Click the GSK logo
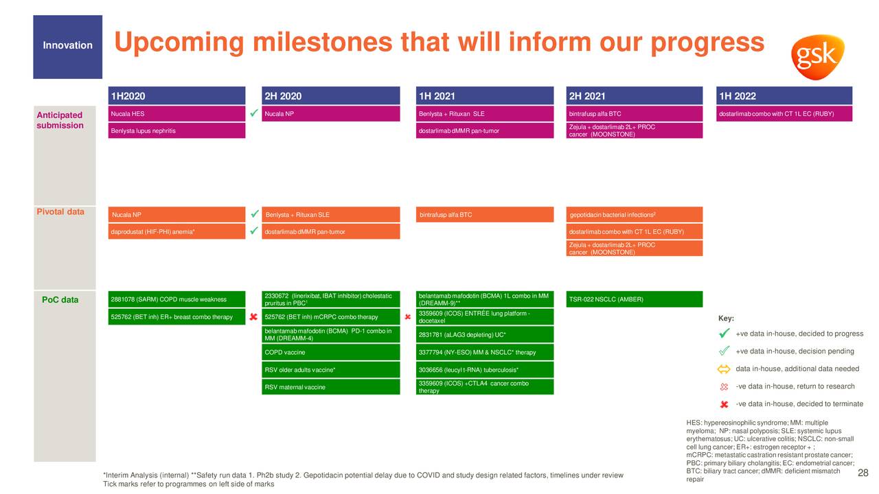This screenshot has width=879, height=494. coord(817,57)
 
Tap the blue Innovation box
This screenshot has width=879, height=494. coord(67,47)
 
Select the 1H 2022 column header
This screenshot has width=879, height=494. coord(784,95)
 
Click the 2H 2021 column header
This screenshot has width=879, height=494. coord(634,95)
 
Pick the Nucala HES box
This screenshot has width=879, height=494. coord(176,114)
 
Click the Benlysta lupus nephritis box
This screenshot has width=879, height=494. coord(176,130)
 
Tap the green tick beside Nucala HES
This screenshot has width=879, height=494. coord(254,113)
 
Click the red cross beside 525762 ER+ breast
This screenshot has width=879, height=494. coord(253,316)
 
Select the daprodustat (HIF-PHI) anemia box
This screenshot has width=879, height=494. coord(176,231)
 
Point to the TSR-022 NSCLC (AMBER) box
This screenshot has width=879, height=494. coord(634,299)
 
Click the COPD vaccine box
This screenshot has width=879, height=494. coord(331,352)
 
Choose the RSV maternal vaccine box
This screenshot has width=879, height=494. coord(331,386)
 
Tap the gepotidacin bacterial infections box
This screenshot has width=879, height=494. coord(634,215)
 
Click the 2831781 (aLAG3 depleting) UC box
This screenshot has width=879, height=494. coord(485,334)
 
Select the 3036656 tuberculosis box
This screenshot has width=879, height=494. coord(485,369)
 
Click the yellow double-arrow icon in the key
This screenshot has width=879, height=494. coord(724,369)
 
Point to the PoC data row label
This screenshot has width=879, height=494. coord(60,300)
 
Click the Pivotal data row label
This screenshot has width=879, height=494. coord(60,212)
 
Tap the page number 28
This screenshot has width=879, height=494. coord(863,473)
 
